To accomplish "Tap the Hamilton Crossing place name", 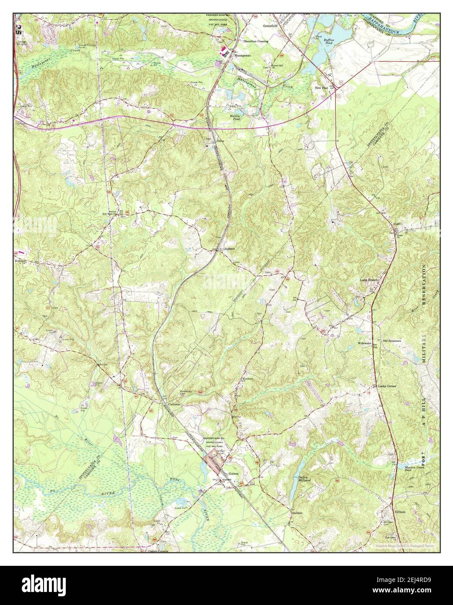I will pos(256,41).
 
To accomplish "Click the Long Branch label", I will pos(370,280).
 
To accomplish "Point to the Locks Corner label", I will pos(386,386).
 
